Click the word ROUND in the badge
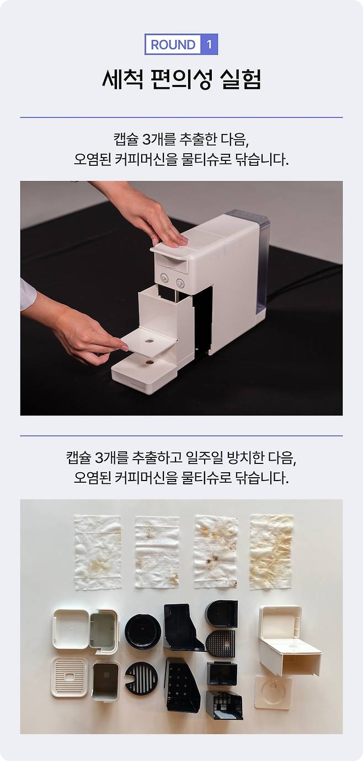click(x=173, y=45)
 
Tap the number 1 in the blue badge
click(x=209, y=44)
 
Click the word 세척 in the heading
click(x=122, y=80)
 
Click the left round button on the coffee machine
click(x=164, y=278)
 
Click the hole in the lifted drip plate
click(x=149, y=340)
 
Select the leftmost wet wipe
click(x=98, y=552)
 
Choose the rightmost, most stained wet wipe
click(x=271, y=552)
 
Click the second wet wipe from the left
click(x=157, y=552)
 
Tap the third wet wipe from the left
click(x=216, y=552)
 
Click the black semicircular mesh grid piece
click(x=221, y=644)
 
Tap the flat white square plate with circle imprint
click(x=273, y=692)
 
